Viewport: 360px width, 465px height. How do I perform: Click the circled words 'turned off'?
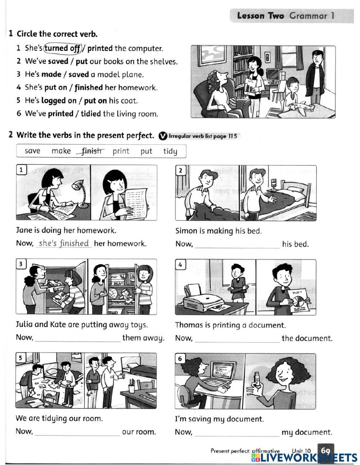pyautogui.click(x=63, y=48)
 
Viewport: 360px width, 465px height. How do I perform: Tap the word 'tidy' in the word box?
pyautogui.click(x=170, y=151)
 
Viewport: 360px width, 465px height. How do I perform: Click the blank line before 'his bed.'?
pyautogui.click(x=237, y=247)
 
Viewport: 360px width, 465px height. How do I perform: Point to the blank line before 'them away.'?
pyautogui.click(x=78, y=341)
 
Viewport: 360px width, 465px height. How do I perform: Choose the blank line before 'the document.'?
pyautogui.click(x=237, y=342)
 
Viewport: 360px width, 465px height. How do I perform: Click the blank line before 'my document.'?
pyautogui.click(x=237, y=436)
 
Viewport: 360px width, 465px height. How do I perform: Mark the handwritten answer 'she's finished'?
pyautogui.click(x=64, y=243)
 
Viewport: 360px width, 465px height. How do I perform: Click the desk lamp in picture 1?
pyautogui.click(x=81, y=193)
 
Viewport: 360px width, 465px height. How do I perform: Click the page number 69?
pyautogui.click(x=325, y=451)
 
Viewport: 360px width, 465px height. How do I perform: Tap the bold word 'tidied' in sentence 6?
pyautogui.click(x=91, y=113)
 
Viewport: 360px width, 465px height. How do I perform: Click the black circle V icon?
pyautogui.click(x=163, y=136)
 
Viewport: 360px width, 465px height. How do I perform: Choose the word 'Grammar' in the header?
pyautogui.click(x=309, y=16)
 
